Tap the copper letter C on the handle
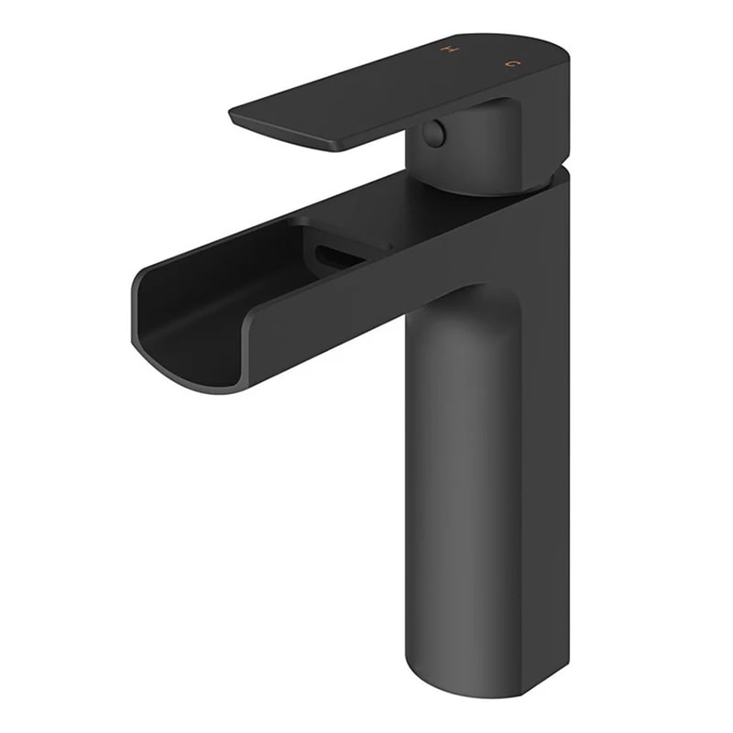pyautogui.click(x=511, y=63)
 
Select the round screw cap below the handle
pyautogui.click(x=433, y=134)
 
